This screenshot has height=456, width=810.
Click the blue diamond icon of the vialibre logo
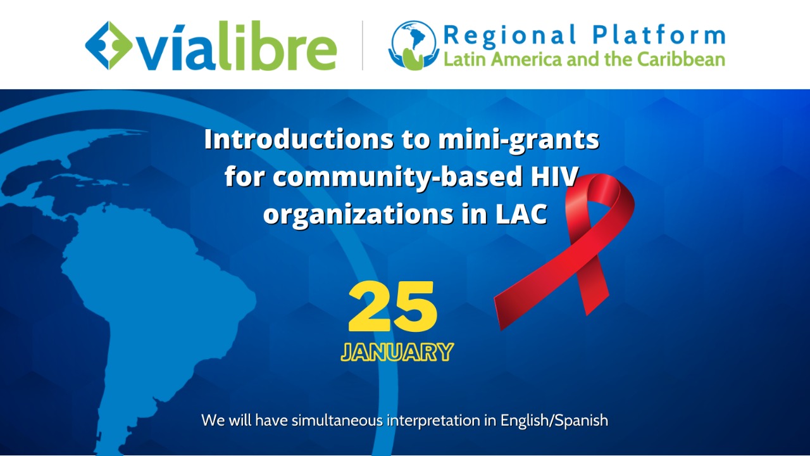pos(109,45)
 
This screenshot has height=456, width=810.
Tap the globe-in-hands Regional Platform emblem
pos(414,45)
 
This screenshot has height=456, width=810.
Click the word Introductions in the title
pos(299,139)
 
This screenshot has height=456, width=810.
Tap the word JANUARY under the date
pos(397,352)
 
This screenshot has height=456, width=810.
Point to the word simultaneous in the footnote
pos(337,421)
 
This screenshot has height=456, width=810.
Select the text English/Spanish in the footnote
pos(554,421)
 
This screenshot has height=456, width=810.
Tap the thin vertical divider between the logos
pos(363,45)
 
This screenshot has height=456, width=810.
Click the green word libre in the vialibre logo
pos(277,46)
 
